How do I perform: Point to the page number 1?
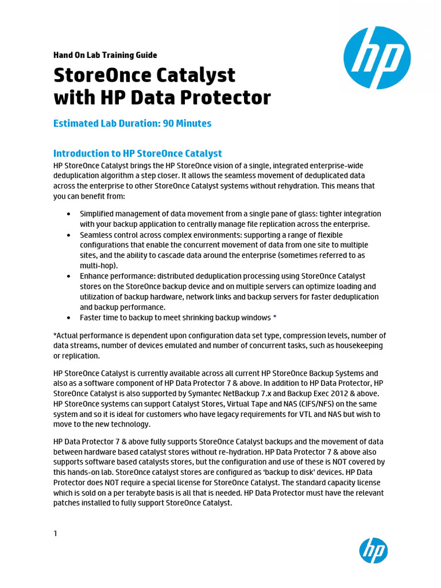55,533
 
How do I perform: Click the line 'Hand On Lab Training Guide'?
105,55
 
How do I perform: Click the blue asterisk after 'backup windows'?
275,318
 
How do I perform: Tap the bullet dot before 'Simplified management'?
68,214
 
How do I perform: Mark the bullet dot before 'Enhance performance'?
68,276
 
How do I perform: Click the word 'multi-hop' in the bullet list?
98,266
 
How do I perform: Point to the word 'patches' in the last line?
68,503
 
